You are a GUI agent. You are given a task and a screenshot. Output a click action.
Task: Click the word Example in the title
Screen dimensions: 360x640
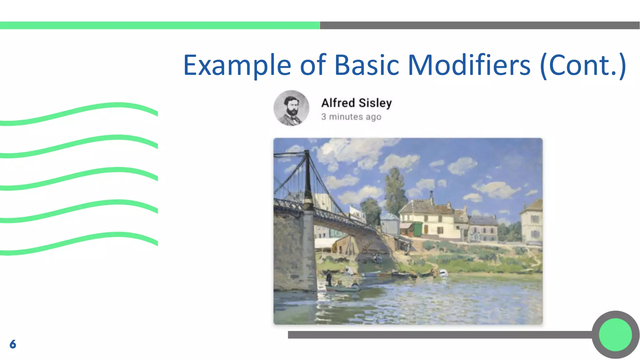click(237, 66)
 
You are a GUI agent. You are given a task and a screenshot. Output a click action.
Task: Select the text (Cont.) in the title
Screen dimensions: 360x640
click(583, 66)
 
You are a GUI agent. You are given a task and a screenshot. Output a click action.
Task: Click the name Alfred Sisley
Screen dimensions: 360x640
click(356, 103)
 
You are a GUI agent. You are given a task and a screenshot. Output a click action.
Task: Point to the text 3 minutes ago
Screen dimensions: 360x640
click(351, 117)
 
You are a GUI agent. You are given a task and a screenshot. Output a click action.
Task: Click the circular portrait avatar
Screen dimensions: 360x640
click(291, 108)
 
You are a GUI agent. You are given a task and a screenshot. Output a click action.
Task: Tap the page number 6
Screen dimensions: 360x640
click(13, 344)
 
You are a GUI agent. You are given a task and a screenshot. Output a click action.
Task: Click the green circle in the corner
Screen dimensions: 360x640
click(615, 335)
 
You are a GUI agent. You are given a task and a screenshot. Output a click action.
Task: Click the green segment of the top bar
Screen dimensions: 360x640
click(159, 25)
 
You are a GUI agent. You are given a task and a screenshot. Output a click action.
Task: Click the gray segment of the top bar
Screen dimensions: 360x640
click(480, 25)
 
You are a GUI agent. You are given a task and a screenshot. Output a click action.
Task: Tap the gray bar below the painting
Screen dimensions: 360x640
click(437, 335)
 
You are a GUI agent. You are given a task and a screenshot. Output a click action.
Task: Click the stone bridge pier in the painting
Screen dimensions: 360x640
click(294, 250)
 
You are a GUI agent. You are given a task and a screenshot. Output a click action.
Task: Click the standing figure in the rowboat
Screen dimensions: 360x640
click(329, 277)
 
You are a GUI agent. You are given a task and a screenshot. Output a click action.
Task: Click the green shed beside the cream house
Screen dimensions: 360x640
click(418, 229)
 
